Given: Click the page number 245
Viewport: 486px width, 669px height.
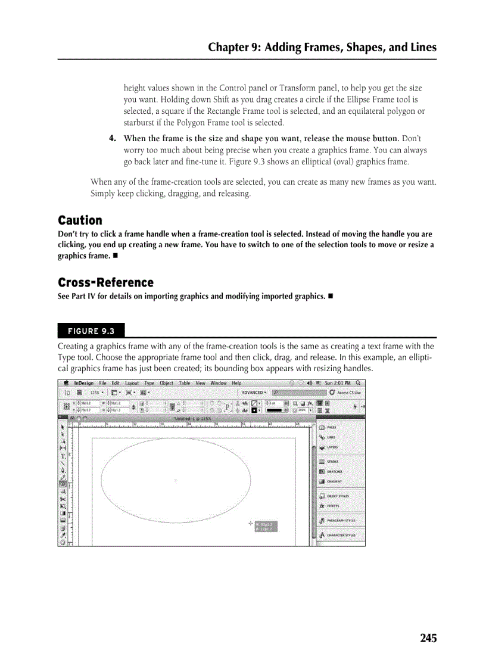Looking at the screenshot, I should pos(428,638).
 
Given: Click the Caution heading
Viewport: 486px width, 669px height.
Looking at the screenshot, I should pos(80,220).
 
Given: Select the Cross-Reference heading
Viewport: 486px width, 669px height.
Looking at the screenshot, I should pos(105,282).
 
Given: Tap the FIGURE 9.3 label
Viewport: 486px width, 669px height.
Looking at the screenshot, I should pos(91,331).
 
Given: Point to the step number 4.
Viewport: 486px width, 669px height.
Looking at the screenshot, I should pos(112,139).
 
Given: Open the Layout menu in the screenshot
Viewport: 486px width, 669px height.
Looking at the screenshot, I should pos(132,383).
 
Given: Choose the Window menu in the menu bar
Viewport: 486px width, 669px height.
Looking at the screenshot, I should pos(219,383).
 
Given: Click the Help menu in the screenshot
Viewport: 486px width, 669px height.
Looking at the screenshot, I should pos(236,383).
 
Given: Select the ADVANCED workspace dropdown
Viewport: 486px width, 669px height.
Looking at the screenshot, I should pos(254,393).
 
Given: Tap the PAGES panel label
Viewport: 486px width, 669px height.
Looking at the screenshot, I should pos(331,427).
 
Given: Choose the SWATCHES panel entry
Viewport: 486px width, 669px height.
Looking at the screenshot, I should pos(334,471).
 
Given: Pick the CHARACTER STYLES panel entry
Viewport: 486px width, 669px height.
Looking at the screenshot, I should pos(341,535).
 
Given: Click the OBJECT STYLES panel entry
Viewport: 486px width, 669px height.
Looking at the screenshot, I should pos(338,496).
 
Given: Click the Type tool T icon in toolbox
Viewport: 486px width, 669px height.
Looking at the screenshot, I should pos(63,456).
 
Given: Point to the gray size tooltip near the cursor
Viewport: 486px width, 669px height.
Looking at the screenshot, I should pos(266,526).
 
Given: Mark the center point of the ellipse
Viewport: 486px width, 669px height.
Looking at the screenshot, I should pos(175,480).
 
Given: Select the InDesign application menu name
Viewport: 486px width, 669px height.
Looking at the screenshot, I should pos(83,383).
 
